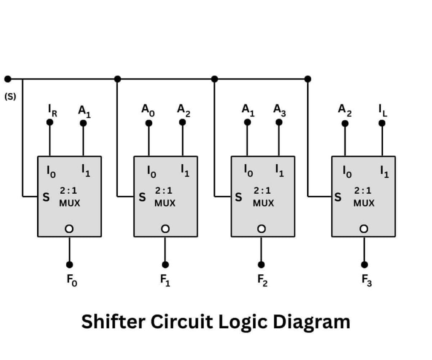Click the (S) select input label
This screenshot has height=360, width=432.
(10, 96)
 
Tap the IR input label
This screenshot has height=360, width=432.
(52, 111)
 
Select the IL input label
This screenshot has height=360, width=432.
(382, 111)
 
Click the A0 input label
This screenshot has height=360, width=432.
(148, 110)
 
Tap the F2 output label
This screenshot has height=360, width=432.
(262, 280)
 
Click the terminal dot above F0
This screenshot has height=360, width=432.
(70, 265)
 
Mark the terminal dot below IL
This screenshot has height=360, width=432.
(382, 123)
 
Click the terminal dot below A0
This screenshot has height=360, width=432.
(148, 123)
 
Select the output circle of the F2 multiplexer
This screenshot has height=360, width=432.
(262, 228)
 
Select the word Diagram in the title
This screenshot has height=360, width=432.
(311, 322)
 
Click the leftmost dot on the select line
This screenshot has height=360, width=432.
(8, 79)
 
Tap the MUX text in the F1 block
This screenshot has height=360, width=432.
(165, 203)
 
